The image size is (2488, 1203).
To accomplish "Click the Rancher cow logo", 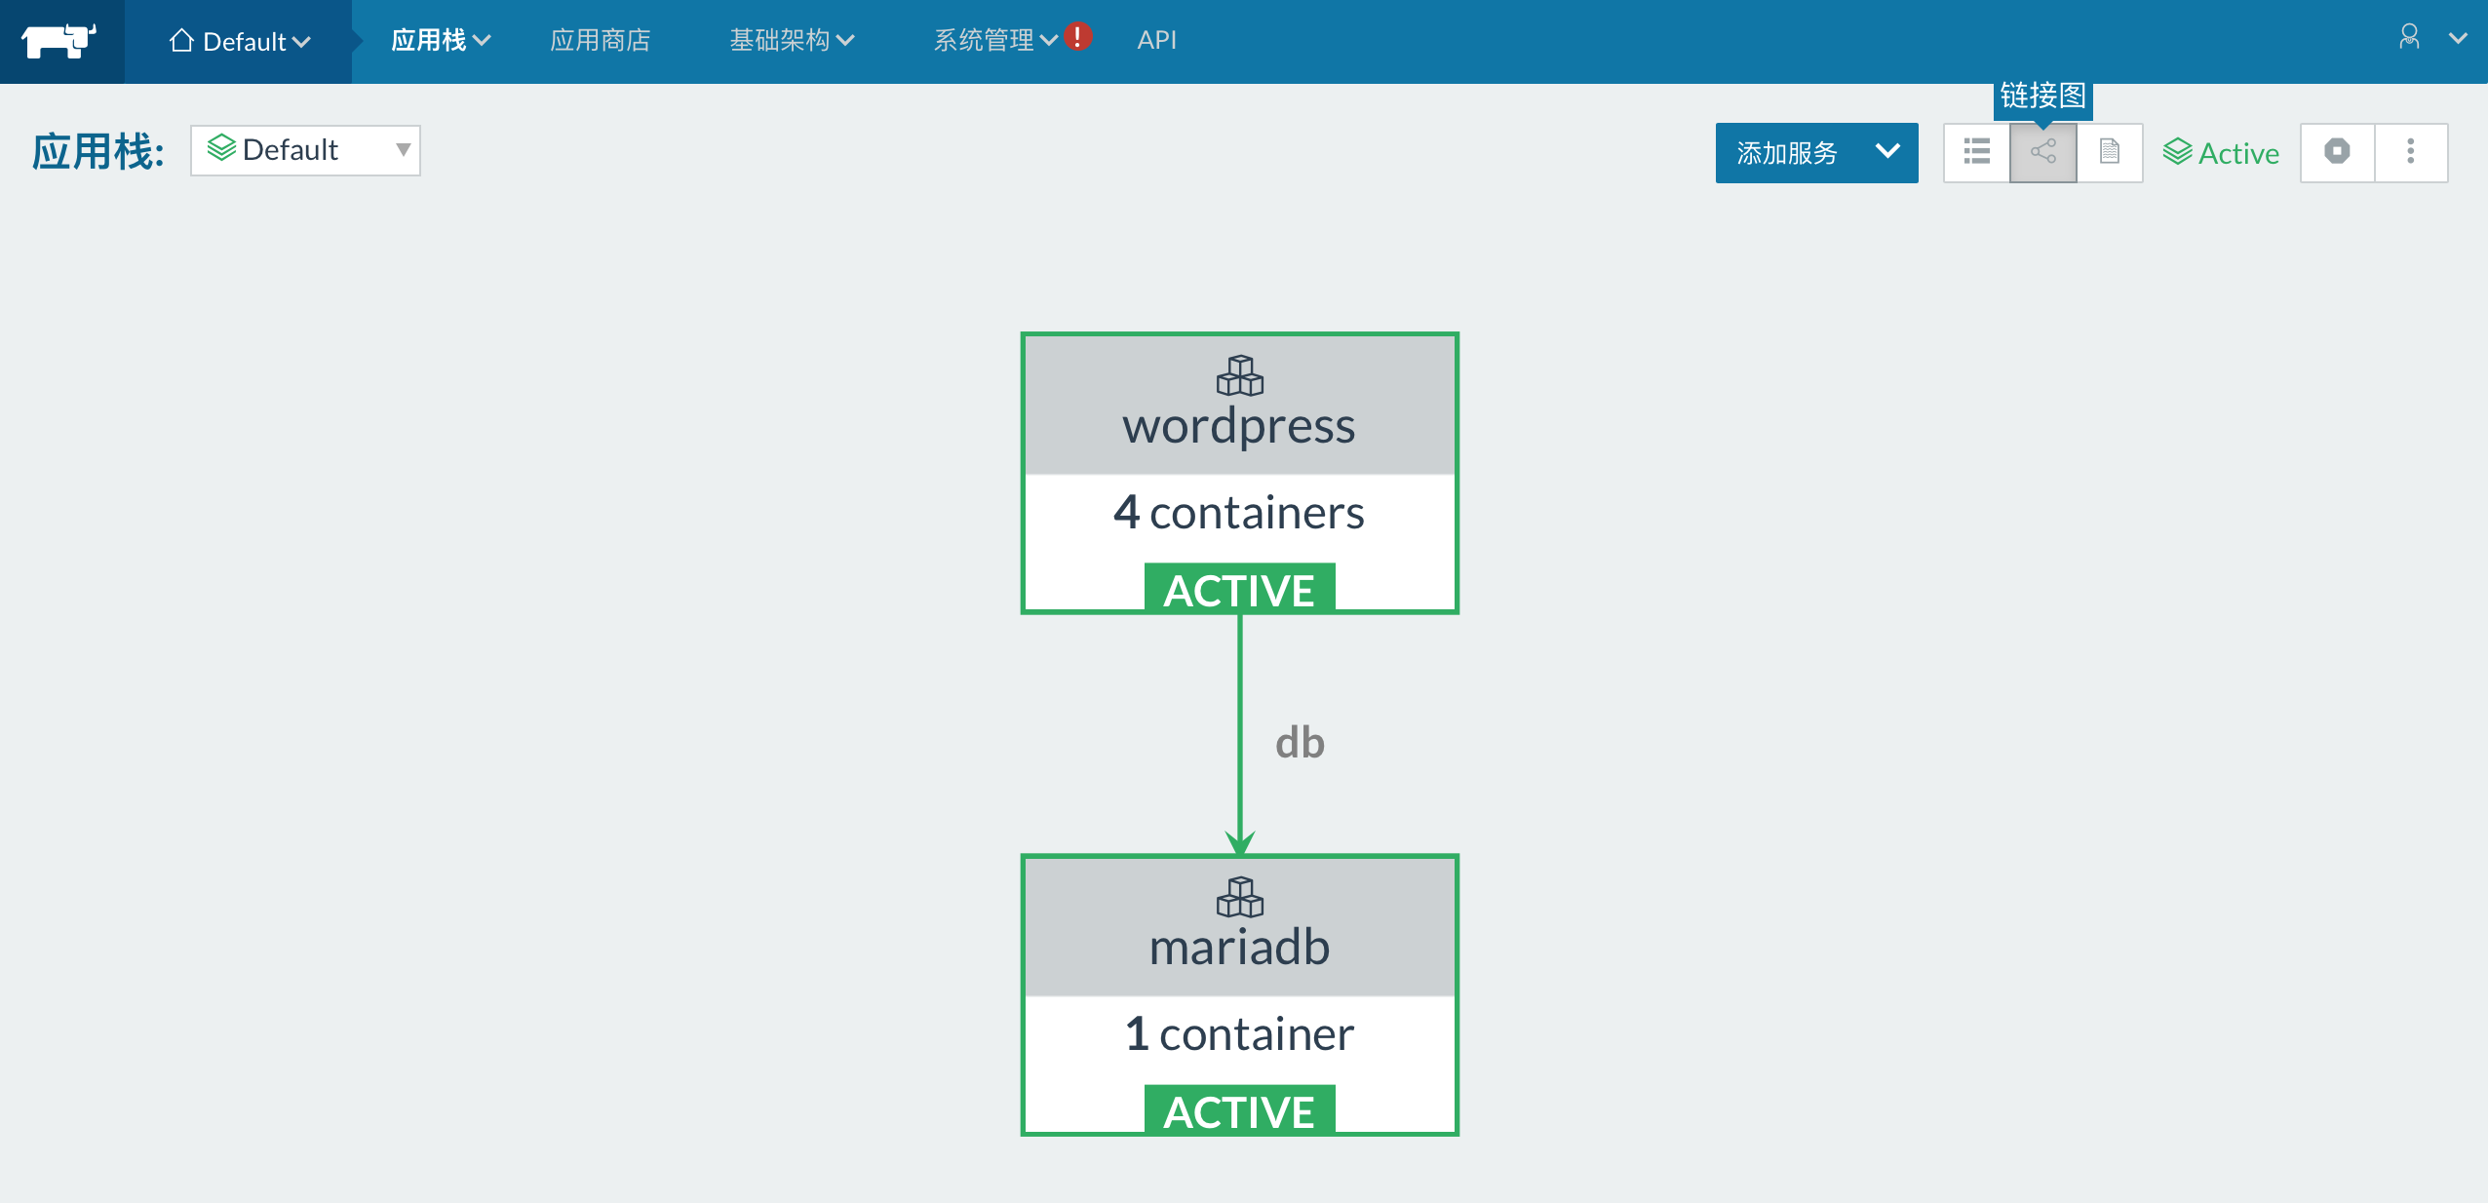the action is (59, 41).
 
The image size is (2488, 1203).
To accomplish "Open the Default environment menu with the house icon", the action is (239, 41).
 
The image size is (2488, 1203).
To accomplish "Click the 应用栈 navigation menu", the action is (441, 40).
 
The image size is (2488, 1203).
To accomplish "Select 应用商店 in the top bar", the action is (600, 40).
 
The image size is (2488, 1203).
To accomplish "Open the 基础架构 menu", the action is (792, 40).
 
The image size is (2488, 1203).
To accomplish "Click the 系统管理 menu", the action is (995, 40).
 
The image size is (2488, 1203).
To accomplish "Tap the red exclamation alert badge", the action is (1077, 36).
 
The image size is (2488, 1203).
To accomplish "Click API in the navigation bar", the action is (1156, 40).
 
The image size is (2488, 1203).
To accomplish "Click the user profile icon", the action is (2409, 37).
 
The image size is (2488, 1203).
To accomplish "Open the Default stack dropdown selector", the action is (305, 150).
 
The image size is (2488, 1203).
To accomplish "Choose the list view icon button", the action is (1977, 152).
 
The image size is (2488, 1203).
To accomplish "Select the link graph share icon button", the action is (2043, 152).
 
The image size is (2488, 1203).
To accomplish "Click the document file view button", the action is (2110, 152).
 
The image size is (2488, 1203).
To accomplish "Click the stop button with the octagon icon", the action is (2337, 152).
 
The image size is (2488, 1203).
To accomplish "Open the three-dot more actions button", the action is (2411, 152).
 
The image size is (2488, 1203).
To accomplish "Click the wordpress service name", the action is (1239, 426).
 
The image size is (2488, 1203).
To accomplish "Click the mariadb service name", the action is (1239, 947).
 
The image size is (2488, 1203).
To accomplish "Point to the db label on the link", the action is (1300, 743).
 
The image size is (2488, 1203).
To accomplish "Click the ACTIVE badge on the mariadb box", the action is (1239, 1109).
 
